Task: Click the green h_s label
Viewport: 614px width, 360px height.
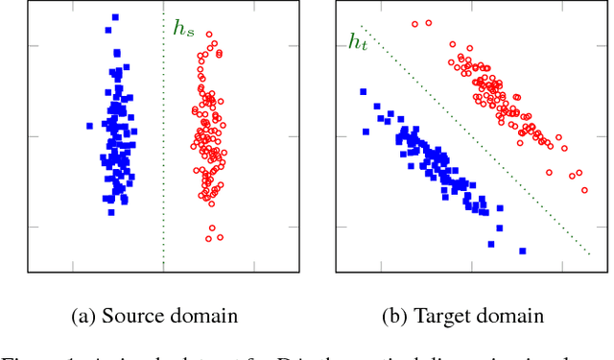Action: pyautogui.click(x=182, y=29)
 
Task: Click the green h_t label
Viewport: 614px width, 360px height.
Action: pyautogui.click(x=358, y=42)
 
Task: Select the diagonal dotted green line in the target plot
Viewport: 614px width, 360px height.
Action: pyautogui.click(x=480, y=144)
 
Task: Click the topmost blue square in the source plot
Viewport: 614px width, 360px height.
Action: pyautogui.click(x=115, y=17)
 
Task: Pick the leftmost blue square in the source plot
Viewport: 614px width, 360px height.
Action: pyautogui.click(x=89, y=125)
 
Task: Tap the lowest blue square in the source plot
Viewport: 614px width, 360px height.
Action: pyautogui.click(x=111, y=212)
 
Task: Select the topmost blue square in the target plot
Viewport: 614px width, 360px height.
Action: pyautogui.click(x=363, y=92)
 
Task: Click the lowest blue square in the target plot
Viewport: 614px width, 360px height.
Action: pyautogui.click(x=523, y=251)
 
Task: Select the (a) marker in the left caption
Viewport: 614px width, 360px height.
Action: pyautogui.click(x=84, y=316)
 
